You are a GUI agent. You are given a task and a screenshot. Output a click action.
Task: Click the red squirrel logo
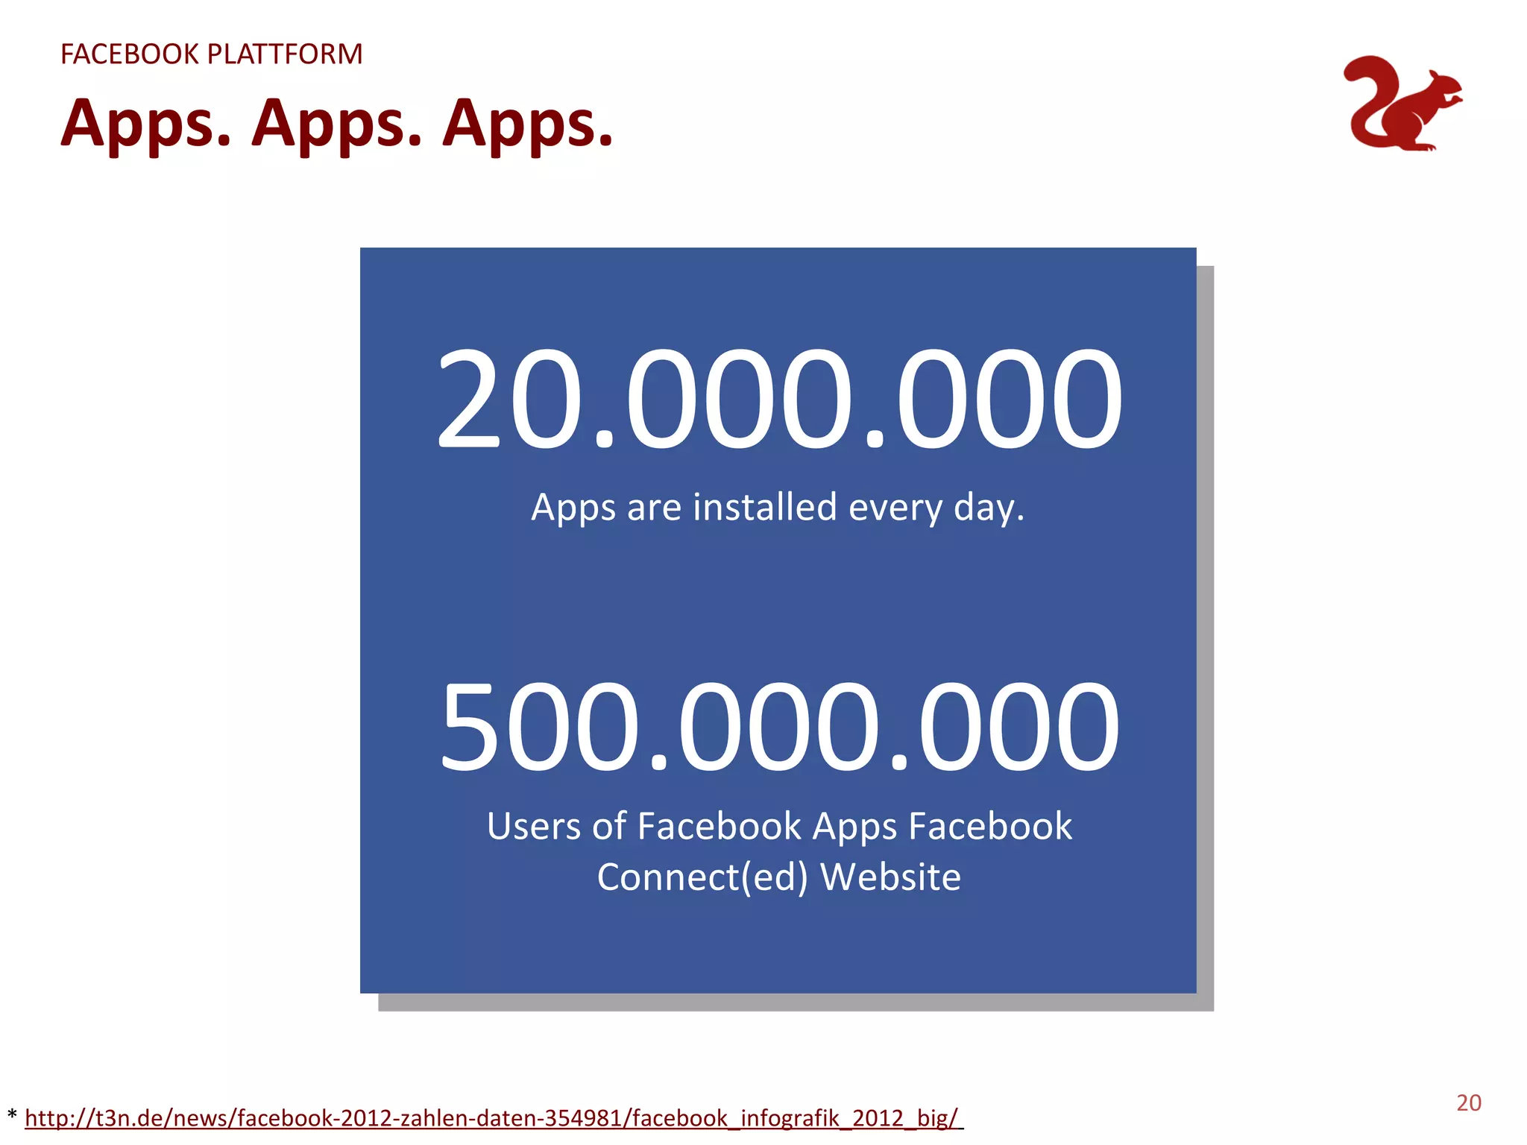point(1402,104)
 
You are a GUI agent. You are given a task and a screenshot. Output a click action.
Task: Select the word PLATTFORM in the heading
point(285,54)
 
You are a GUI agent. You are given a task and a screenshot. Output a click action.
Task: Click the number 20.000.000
point(778,400)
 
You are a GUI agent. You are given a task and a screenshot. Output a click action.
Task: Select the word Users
point(534,826)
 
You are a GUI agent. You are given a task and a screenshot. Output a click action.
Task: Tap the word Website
point(890,877)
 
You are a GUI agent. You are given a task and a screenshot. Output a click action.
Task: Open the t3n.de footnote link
point(492,1118)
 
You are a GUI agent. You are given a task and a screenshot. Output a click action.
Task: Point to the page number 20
point(1469,1103)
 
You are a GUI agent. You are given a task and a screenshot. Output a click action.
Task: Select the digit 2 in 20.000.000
point(467,400)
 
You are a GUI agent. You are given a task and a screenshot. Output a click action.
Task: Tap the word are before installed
point(654,508)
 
